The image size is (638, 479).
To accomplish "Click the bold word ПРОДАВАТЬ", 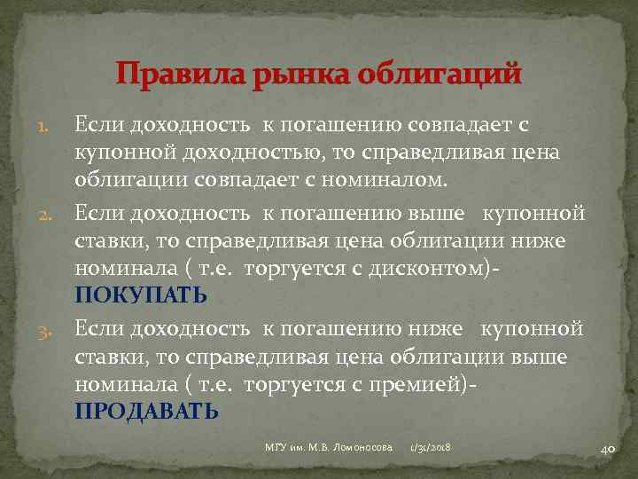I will coord(146,411).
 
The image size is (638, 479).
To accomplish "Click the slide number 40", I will coord(608,449).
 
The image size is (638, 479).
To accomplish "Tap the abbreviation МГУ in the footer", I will coord(276,449).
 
